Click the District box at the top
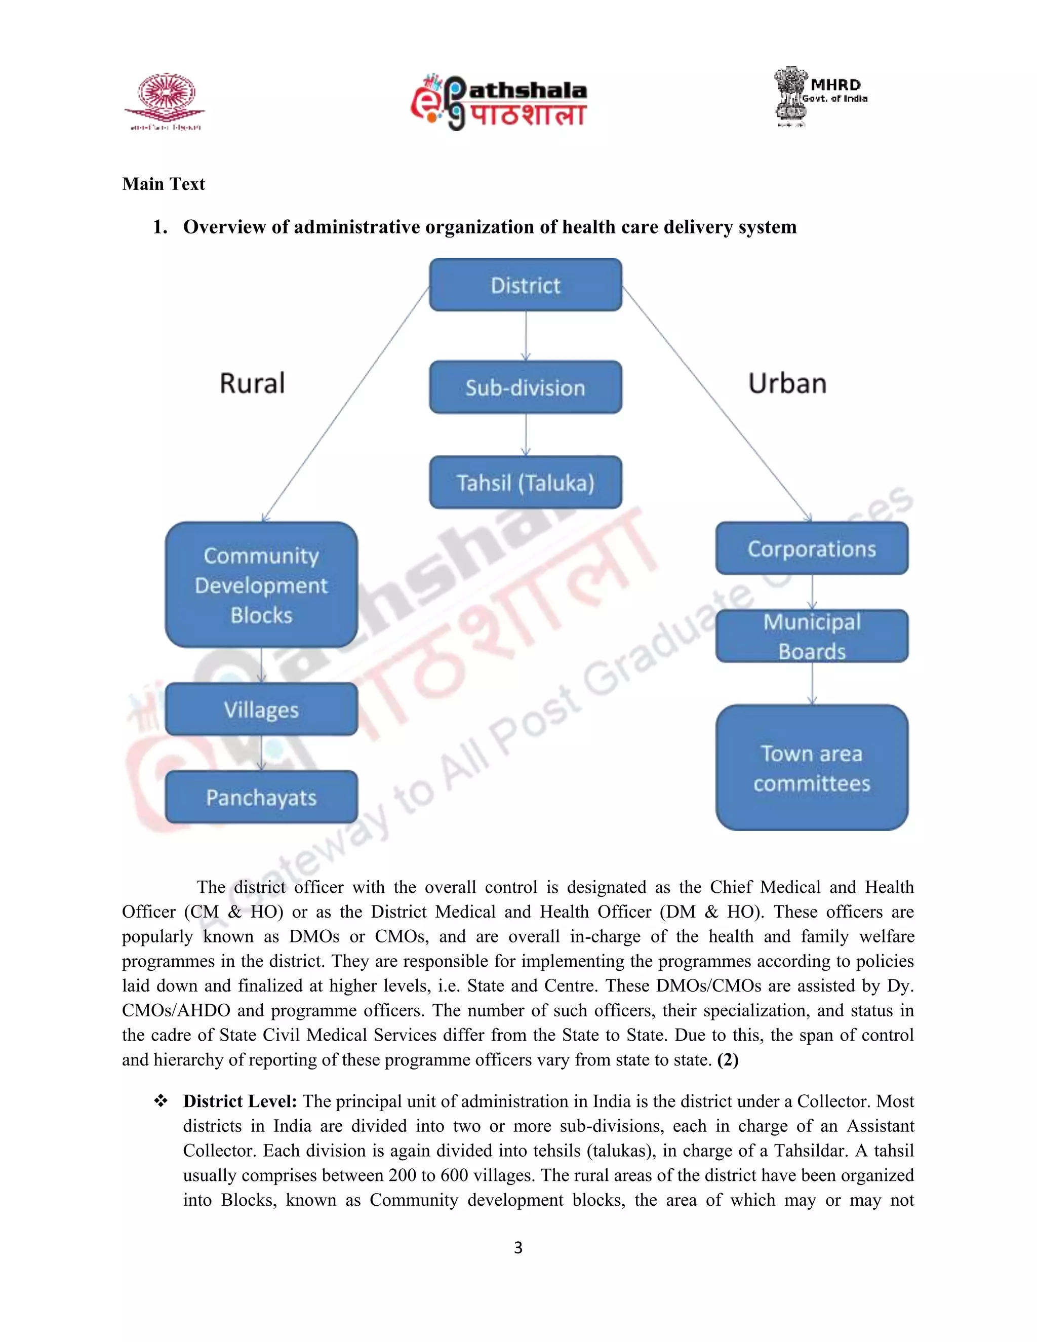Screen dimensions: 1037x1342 (525, 285)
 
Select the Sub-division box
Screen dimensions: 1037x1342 (525, 387)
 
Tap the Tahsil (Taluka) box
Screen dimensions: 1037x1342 (525, 482)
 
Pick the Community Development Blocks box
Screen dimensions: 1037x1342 (261, 585)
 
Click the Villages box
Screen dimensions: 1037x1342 (261, 709)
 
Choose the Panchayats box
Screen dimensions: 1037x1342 (261, 797)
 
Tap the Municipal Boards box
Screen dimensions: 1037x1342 (812, 636)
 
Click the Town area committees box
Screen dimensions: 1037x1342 (812, 768)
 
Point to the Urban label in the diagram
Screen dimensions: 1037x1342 (787, 383)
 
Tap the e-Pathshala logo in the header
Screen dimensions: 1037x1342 (499, 102)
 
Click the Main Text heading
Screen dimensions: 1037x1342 (164, 184)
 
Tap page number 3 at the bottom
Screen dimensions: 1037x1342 (518, 1247)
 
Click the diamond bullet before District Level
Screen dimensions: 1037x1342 (161, 1100)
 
